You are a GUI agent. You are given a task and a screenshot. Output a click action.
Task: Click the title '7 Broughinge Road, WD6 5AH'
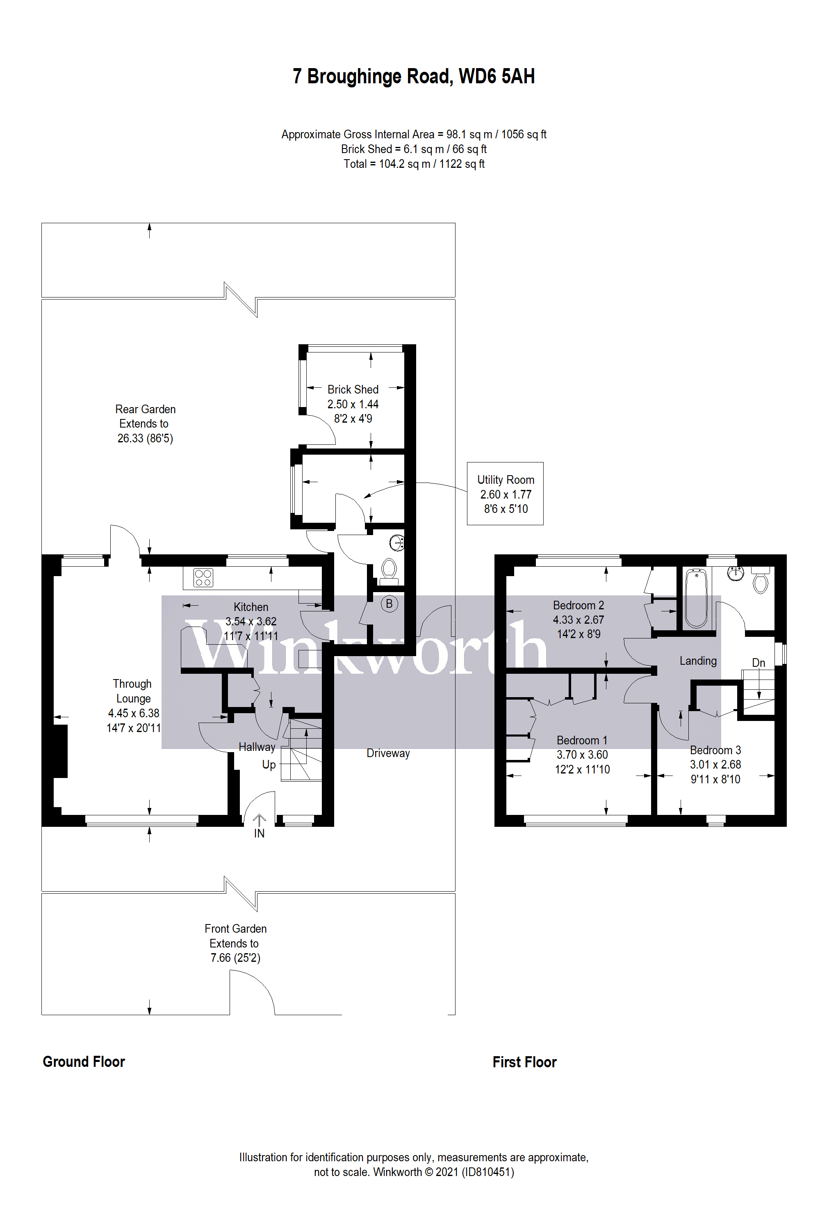click(414, 76)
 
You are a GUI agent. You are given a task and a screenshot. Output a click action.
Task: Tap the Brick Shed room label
click(353, 389)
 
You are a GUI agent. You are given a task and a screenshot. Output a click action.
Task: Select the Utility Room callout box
click(505, 494)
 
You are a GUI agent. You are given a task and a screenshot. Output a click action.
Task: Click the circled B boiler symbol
click(389, 604)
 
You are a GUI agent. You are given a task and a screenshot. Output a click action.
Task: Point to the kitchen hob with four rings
click(203, 577)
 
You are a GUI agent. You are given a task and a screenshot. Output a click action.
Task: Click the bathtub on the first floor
click(696, 599)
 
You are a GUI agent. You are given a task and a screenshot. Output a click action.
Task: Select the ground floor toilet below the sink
click(389, 572)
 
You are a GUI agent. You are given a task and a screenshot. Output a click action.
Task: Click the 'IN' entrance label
click(260, 833)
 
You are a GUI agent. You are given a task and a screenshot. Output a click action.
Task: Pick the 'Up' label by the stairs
click(269, 765)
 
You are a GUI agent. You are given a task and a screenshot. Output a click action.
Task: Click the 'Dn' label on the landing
click(758, 663)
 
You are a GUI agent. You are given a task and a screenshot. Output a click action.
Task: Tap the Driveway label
click(388, 753)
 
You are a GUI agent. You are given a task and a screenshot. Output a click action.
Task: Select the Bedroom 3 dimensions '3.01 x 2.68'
click(715, 765)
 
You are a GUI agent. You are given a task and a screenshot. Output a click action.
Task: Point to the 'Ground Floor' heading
click(84, 1062)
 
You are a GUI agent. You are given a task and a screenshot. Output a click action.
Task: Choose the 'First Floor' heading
click(524, 1062)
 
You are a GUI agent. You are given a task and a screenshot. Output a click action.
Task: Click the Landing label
click(698, 661)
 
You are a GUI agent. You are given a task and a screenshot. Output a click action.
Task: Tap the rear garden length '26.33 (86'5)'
click(145, 438)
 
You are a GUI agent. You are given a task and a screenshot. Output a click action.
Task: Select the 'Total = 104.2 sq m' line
click(414, 164)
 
